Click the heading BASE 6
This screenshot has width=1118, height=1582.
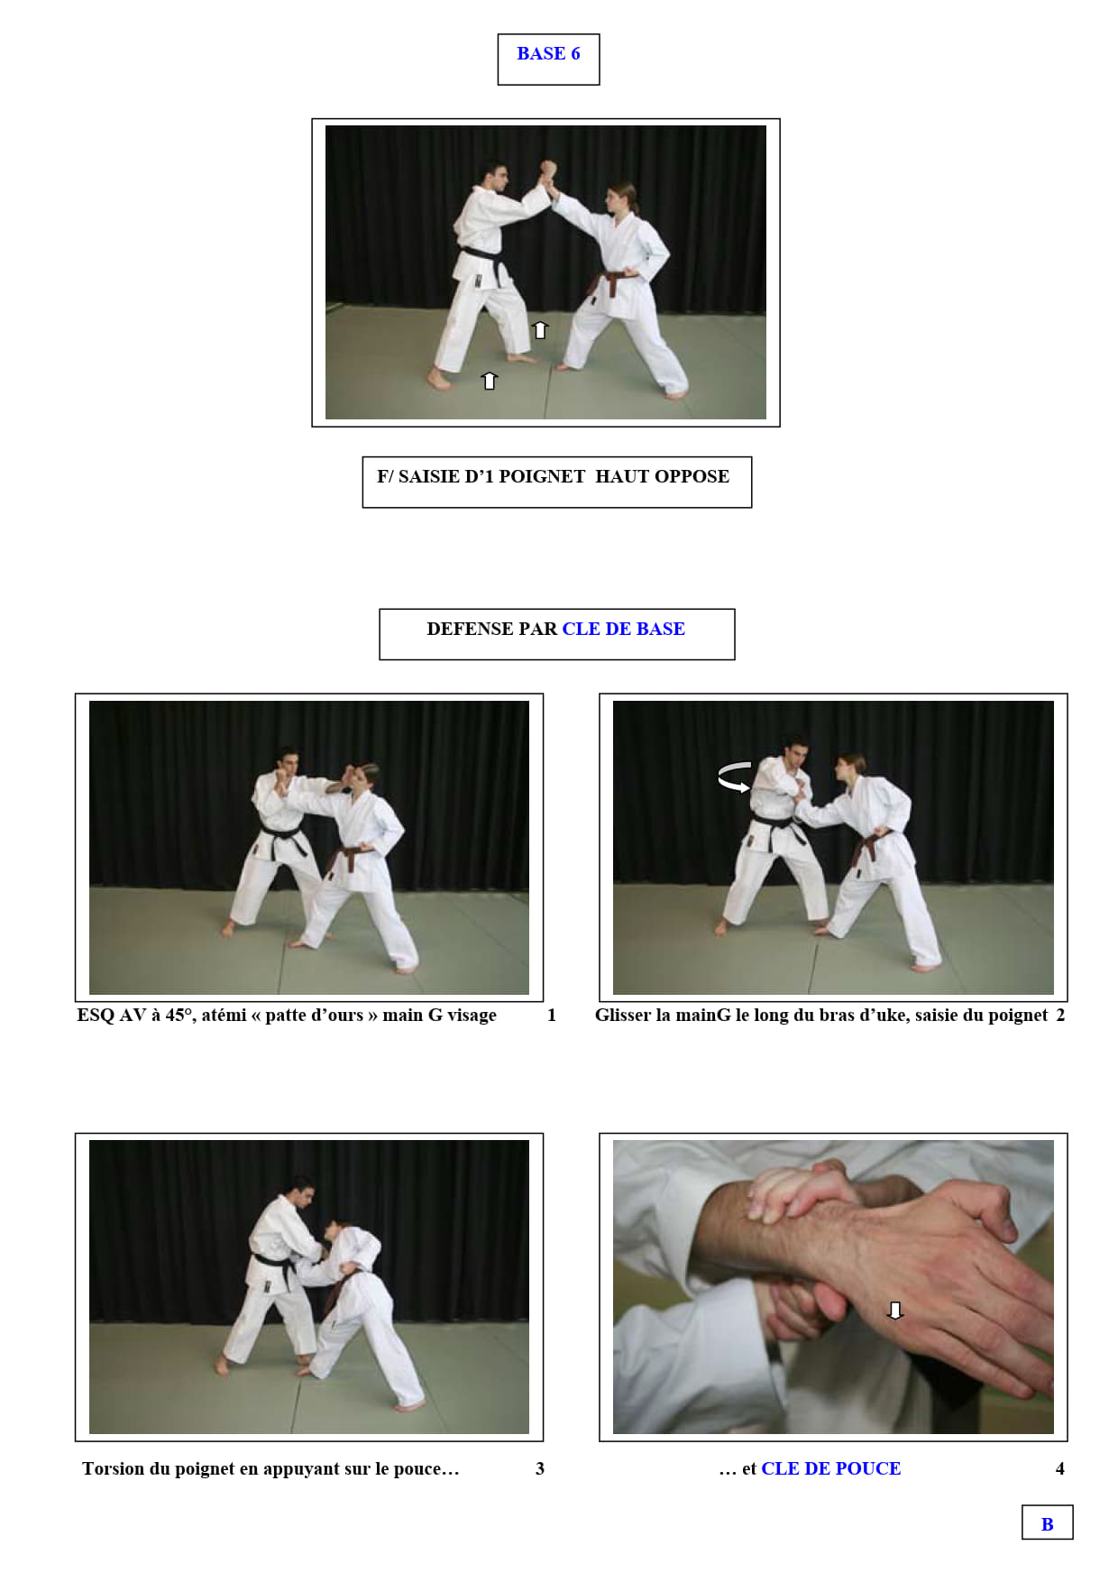point(548,53)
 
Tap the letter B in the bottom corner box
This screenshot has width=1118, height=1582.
point(1047,1524)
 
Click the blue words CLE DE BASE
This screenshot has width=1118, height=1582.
point(624,629)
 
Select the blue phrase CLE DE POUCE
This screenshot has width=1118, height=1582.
point(831,1468)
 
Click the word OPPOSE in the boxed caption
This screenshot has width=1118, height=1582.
point(695,476)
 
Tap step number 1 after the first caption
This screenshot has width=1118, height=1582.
point(552,1016)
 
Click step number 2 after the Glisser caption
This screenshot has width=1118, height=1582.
point(1060,1016)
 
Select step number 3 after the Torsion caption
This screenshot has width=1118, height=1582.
point(540,1468)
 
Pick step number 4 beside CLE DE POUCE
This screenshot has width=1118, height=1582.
point(1060,1468)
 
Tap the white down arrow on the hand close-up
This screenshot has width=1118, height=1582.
point(894,1311)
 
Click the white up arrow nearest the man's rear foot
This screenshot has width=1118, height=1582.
point(490,381)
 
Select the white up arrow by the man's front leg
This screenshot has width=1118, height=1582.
point(540,329)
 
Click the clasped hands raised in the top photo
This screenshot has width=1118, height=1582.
point(547,172)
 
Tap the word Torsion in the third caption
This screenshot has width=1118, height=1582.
point(113,1468)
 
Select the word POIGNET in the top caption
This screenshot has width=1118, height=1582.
point(542,476)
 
